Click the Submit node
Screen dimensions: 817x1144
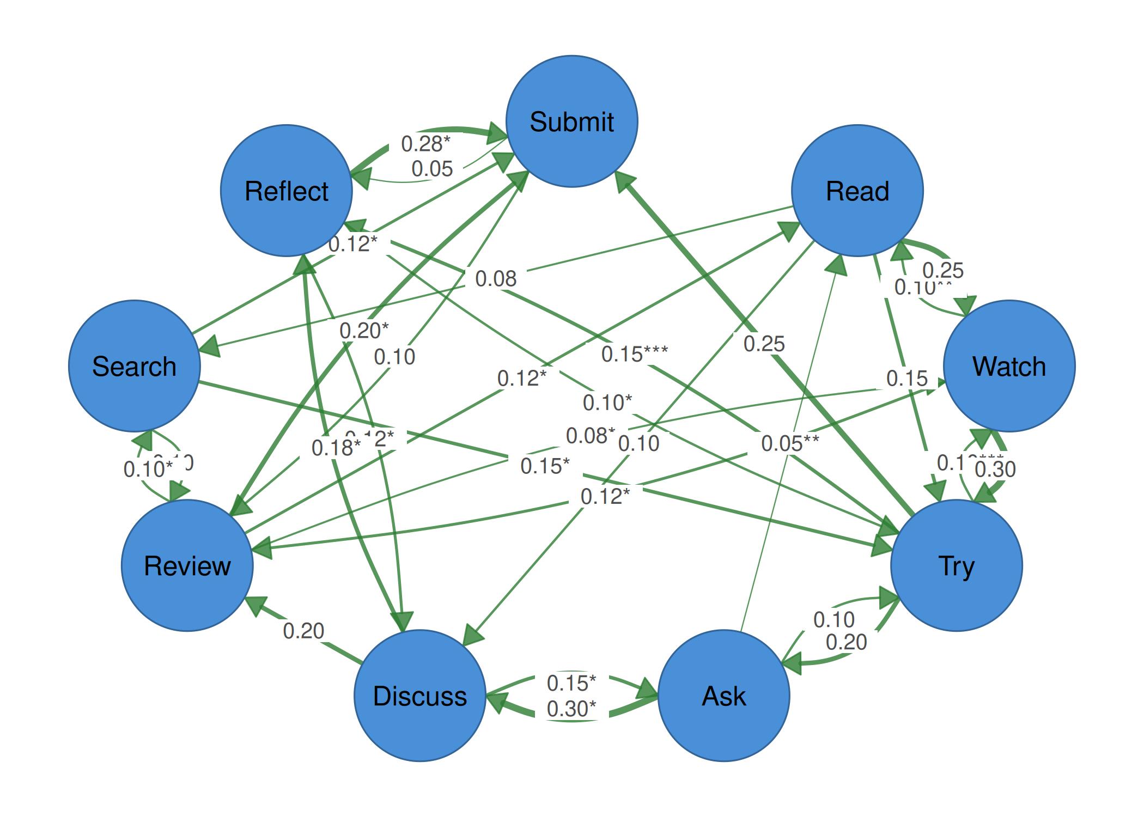[x=571, y=121]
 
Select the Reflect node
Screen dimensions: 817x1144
[x=287, y=191]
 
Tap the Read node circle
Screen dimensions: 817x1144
[x=857, y=191]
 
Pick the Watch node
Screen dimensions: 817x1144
[x=1009, y=366]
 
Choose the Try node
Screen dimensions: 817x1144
[x=956, y=565]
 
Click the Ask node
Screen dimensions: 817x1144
[x=723, y=696]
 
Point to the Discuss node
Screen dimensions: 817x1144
[x=419, y=696]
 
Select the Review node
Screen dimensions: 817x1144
[x=187, y=565]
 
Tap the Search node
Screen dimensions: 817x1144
[x=135, y=366]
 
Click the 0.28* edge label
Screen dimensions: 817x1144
[x=425, y=144]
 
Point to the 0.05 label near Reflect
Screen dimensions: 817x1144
[x=432, y=169]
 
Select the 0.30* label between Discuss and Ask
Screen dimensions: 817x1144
[x=571, y=709]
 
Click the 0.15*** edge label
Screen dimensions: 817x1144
[x=634, y=354]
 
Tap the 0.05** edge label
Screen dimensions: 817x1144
[x=789, y=443]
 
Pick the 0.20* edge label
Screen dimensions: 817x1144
[x=364, y=330]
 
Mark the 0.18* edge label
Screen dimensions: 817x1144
[x=336, y=448]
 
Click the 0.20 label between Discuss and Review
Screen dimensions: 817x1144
[x=303, y=631]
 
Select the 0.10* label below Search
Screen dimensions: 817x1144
[x=148, y=468]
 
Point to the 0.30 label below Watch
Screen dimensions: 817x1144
[x=995, y=469]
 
